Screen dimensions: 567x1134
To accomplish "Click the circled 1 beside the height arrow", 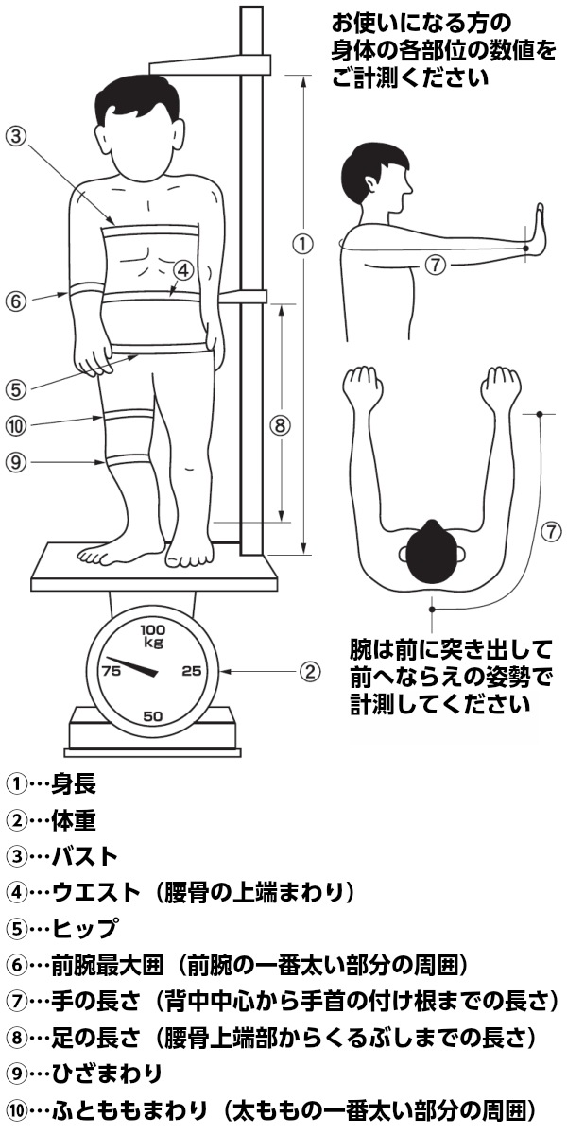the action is click(302, 245).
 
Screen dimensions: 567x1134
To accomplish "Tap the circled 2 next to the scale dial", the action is click(309, 671).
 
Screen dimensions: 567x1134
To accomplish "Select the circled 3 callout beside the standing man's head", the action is click(16, 136).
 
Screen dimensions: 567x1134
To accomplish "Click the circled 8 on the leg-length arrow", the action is click(280, 426).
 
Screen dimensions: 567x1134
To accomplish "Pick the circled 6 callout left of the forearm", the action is click(16, 301).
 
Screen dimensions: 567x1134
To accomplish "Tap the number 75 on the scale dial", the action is click(111, 670).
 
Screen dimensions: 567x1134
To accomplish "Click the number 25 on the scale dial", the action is click(192, 670).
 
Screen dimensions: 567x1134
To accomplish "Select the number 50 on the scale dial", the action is click(152, 716).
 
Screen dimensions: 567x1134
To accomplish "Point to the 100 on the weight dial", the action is click(152, 629).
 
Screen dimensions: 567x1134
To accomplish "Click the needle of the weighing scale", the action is click(131, 665).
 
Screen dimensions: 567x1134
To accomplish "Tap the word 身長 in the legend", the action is click(74, 784).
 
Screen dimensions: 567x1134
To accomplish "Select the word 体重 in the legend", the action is click(74, 820).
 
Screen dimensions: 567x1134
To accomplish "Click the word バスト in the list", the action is click(84, 856).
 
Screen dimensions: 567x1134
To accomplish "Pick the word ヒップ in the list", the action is click(84, 928).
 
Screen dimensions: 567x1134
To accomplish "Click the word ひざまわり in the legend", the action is click(107, 1073).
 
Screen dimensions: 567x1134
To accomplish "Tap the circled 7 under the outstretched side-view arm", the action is click(435, 265).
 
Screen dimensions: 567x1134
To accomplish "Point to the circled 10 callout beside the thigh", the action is click(16, 426).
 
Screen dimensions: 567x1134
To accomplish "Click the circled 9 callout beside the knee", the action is click(16, 462).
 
